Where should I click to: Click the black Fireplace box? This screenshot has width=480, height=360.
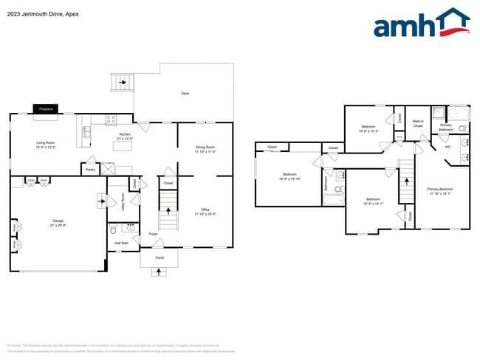(46, 109)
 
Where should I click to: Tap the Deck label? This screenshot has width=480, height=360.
(185, 93)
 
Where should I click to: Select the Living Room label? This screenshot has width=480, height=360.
(46, 143)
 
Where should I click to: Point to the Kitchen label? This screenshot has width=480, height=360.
(125, 134)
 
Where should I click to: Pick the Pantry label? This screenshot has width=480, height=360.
(90, 170)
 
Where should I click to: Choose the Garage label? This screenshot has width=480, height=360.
(58, 221)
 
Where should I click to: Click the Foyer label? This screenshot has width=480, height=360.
(153, 234)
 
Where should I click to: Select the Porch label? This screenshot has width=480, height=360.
(160, 257)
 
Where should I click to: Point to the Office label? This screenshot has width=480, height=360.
(205, 210)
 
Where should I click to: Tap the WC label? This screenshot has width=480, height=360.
(448, 146)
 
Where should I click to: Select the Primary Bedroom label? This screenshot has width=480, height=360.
(441, 189)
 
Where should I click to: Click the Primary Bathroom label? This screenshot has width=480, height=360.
(446, 127)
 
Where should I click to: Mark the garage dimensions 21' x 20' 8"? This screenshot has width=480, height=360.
(58, 225)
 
